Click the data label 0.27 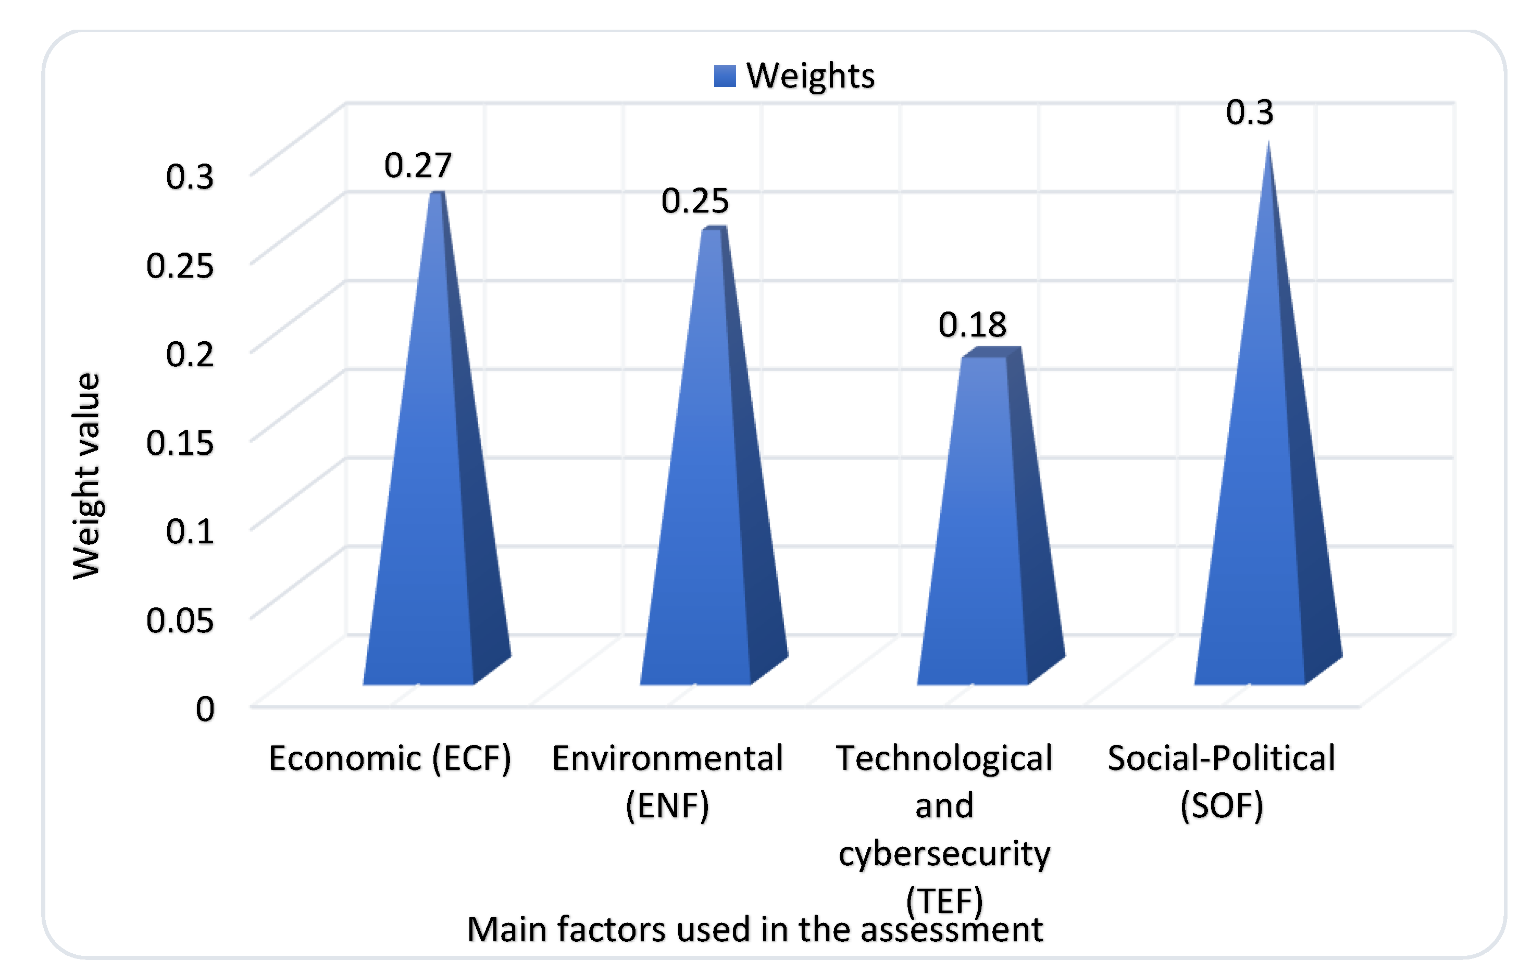click(x=418, y=166)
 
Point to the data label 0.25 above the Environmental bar click(x=695, y=201)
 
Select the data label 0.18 click(x=972, y=325)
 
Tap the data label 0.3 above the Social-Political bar click(x=1250, y=113)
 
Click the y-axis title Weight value click(x=86, y=476)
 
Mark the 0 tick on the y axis click(x=205, y=708)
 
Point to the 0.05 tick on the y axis click(x=180, y=620)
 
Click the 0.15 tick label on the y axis click(x=180, y=443)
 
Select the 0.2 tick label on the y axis click(x=190, y=354)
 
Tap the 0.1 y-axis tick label click(x=190, y=531)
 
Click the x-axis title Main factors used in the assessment click(x=755, y=929)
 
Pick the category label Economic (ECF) click(x=389, y=758)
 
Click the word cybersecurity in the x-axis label click(x=944, y=853)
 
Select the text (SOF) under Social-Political click(x=1222, y=805)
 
